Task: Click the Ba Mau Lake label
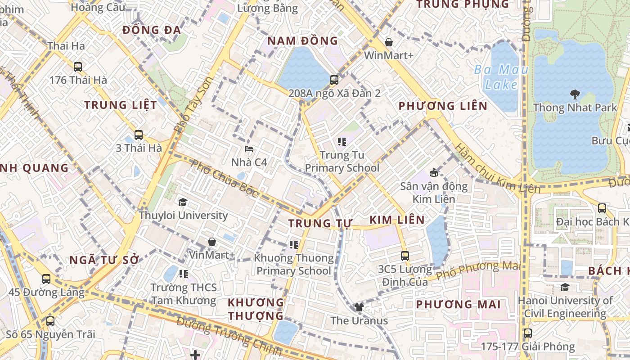pyautogui.click(x=501, y=76)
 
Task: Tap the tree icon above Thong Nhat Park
pyautogui.click(x=575, y=94)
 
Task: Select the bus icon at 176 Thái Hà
pyautogui.click(x=78, y=67)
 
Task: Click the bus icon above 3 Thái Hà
pyautogui.click(x=139, y=135)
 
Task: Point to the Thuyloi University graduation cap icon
pyautogui.click(x=183, y=202)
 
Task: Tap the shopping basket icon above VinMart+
pyautogui.click(x=212, y=242)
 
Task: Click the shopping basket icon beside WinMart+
pyautogui.click(x=389, y=42)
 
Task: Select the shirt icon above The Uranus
pyautogui.click(x=359, y=307)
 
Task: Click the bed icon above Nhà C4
pyautogui.click(x=249, y=149)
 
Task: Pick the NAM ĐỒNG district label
pyautogui.click(x=302, y=41)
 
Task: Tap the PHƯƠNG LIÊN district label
pyautogui.click(x=443, y=106)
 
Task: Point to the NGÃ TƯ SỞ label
pyautogui.click(x=104, y=260)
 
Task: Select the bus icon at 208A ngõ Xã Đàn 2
pyautogui.click(x=334, y=80)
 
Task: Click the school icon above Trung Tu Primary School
pyautogui.click(x=342, y=142)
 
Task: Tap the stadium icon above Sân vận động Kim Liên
pyautogui.click(x=434, y=172)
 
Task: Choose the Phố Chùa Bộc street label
pyautogui.click(x=224, y=178)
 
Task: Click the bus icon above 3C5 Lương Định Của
pyautogui.click(x=405, y=256)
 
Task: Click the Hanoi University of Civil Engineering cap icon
pyautogui.click(x=565, y=287)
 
